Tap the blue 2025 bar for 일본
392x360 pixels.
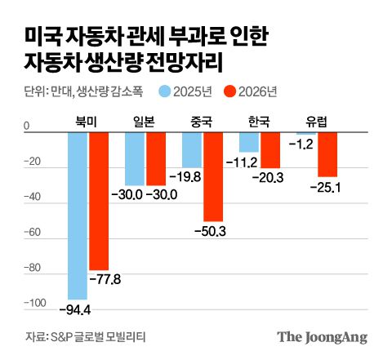(135, 159)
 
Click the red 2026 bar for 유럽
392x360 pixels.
(327, 155)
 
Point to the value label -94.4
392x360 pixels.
(75, 309)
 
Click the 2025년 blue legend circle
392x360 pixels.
(164, 91)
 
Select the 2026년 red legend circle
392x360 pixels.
(230, 91)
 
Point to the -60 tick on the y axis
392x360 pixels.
(33, 233)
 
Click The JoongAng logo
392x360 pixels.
(322, 336)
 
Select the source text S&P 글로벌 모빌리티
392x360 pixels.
(101, 336)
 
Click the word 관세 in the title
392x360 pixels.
(139, 36)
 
